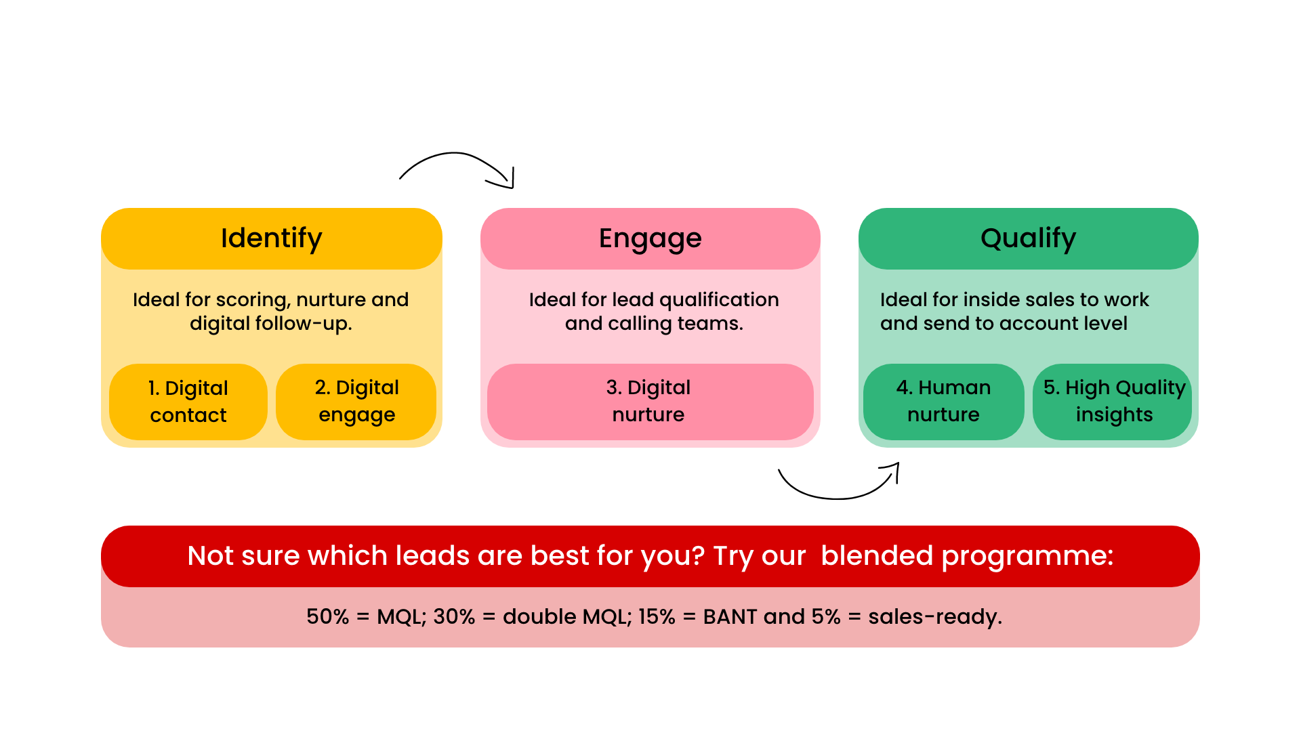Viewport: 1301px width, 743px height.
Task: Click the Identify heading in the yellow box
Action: (x=271, y=238)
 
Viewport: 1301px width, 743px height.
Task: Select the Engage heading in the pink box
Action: (x=650, y=238)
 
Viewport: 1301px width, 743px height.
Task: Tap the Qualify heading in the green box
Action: (x=1028, y=238)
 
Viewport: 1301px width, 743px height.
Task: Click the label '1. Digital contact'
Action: (x=188, y=401)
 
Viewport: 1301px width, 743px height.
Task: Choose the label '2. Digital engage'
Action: (x=356, y=400)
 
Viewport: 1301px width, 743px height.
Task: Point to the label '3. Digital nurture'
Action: (x=648, y=400)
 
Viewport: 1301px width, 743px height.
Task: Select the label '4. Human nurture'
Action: (x=943, y=400)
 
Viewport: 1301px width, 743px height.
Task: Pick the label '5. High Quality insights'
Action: (x=1114, y=400)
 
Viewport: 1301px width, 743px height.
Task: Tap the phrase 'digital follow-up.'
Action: (x=271, y=324)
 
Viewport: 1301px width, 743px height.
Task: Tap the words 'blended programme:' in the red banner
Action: (x=967, y=556)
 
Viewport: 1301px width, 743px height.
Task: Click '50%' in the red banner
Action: (x=327, y=617)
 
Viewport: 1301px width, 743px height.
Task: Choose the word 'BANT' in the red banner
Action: (x=730, y=617)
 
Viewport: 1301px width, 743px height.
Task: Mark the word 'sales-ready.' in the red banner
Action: (x=935, y=617)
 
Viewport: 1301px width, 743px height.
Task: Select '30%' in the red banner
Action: (x=454, y=617)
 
